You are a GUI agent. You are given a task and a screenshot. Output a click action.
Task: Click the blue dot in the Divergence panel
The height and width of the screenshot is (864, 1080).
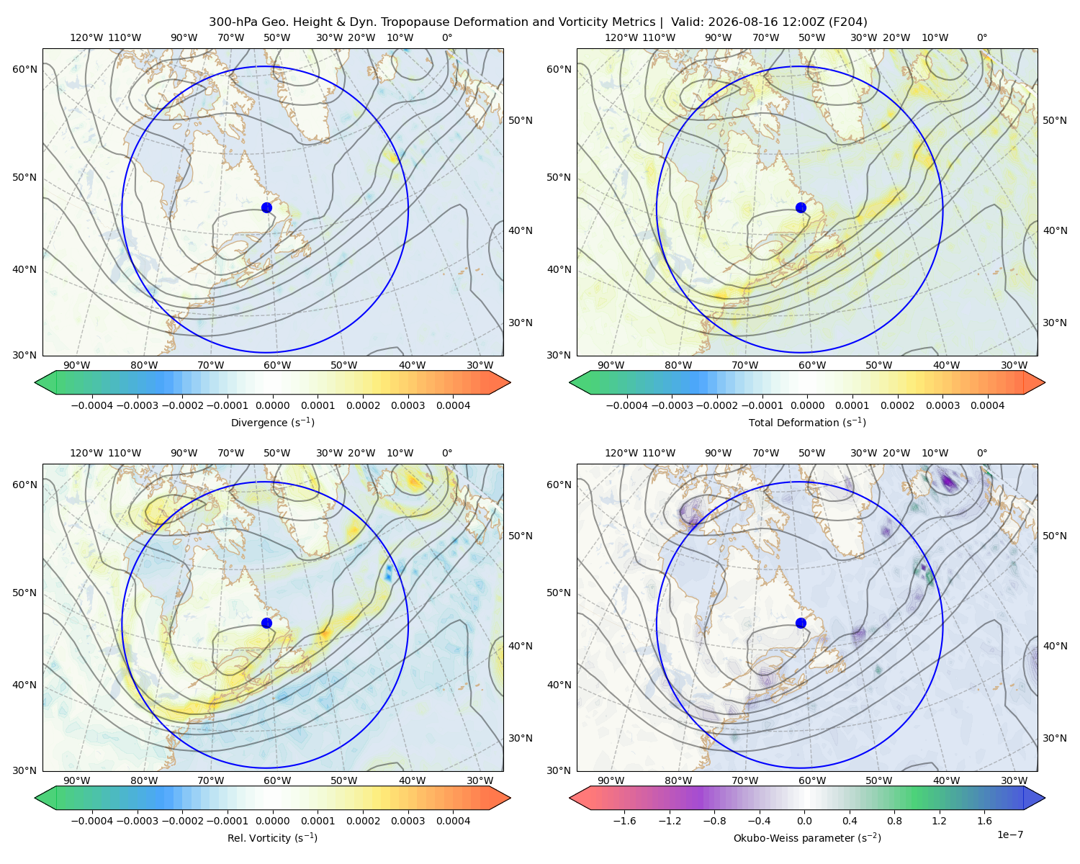(266, 207)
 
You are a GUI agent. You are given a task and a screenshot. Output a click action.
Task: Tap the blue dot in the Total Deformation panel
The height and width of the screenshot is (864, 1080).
(801, 207)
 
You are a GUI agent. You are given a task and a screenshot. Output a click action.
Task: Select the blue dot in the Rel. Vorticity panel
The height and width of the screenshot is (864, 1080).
(266, 623)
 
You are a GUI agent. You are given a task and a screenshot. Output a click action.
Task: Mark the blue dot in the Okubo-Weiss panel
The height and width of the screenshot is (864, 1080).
(801, 623)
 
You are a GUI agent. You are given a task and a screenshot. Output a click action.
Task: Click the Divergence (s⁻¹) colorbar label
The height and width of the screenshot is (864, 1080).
(272, 422)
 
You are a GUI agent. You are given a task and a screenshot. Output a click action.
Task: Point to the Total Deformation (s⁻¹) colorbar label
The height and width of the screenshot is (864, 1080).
(807, 422)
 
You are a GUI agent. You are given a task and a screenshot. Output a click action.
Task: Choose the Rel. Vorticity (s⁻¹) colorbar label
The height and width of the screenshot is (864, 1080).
(272, 837)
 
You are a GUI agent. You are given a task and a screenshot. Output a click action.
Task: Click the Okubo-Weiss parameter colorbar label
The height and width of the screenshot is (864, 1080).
(807, 837)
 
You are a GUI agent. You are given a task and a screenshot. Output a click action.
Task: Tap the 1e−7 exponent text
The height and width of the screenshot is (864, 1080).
(1009, 834)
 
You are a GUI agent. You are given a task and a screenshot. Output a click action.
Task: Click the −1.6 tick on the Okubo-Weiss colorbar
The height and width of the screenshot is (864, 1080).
(624, 820)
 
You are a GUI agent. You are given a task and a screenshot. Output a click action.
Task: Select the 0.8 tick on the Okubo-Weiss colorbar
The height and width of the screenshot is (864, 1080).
(894, 820)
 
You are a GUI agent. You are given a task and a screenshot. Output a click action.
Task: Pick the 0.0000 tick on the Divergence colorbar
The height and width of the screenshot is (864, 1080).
(272, 405)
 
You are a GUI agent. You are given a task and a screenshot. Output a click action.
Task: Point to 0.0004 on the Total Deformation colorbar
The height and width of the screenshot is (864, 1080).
(987, 405)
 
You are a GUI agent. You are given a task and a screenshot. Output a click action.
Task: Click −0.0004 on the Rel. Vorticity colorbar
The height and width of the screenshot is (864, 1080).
(92, 820)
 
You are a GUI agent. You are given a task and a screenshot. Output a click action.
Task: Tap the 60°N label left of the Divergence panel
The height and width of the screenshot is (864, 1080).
(24, 69)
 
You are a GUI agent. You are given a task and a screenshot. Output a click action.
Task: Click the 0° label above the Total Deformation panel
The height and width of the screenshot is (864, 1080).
(981, 37)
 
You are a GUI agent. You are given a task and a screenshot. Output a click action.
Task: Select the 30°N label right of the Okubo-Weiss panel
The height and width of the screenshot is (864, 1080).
(1055, 737)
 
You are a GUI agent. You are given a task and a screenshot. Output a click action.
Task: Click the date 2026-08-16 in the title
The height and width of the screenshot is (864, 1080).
(742, 22)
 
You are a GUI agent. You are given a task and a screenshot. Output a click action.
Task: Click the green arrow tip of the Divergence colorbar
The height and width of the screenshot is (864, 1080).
(36, 382)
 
